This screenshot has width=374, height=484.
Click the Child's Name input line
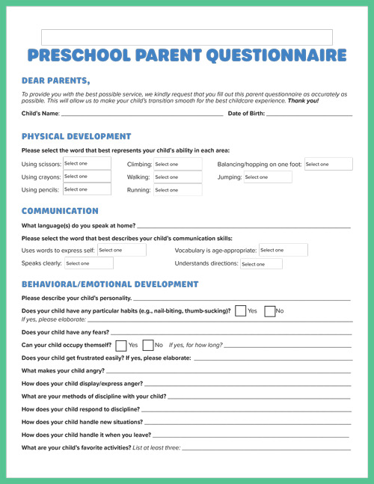pyautogui.click(x=141, y=113)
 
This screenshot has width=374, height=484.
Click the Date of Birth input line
pyautogui.click(x=309, y=113)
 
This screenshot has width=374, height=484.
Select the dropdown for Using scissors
pyautogui.click(x=87, y=164)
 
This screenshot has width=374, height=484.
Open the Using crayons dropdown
pyautogui.click(x=87, y=177)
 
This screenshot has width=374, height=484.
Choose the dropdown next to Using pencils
pyautogui.click(x=87, y=190)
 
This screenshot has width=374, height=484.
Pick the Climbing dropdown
pyautogui.click(x=177, y=165)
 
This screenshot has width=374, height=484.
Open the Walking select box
pyautogui.click(x=177, y=177)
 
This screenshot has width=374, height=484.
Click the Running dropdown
pyautogui.click(x=177, y=190)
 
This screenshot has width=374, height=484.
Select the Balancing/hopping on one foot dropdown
pyautogui.click(x=328, y=165)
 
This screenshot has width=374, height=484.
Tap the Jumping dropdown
pyautogui.click(x=267, y=177)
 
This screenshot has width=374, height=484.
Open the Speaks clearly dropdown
pyautogui.click(x=88, y=263)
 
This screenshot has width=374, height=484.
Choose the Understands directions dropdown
pyautogui.click(x=261, y=264)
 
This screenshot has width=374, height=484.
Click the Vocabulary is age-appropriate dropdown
pyautogui.click(x=283, y=250)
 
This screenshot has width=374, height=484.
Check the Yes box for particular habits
pyautogui.click(x=240, y=311)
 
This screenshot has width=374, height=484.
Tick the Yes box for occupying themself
pyautogui.click(x=121, y=346)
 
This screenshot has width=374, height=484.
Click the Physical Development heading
pyautogui.click(x=76, y=137)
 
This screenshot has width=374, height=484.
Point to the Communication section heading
pyautogui.click(x=60, y=211)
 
